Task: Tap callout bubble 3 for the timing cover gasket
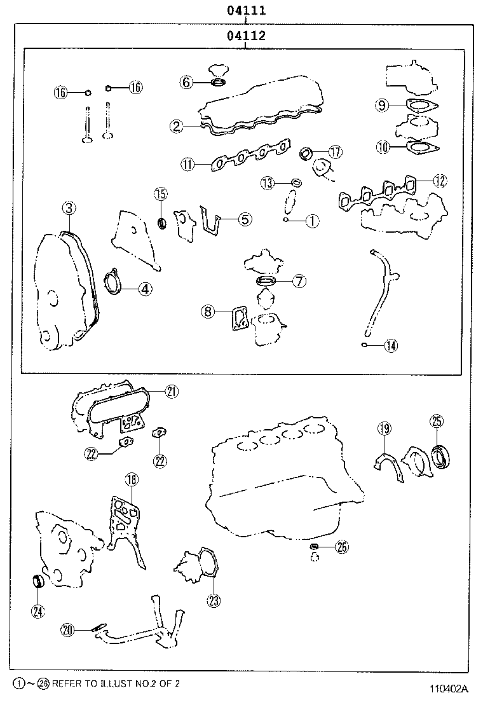click(x=69, y=207)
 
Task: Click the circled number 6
click(x=186, y=82)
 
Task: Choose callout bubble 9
click(x=381, y=106)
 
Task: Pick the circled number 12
click(x=440, y=180)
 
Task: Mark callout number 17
click(x=335, y=152)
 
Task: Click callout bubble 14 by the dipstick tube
click(x=390, y=345)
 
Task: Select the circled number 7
click(x=299, y=281)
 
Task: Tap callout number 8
click(x=208, y=311)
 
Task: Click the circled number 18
click(x=131, y=479)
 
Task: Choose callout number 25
click(x=437, y=420)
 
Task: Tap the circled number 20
click(x=69, y=629)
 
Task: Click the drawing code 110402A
click(x=448, y=689)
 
